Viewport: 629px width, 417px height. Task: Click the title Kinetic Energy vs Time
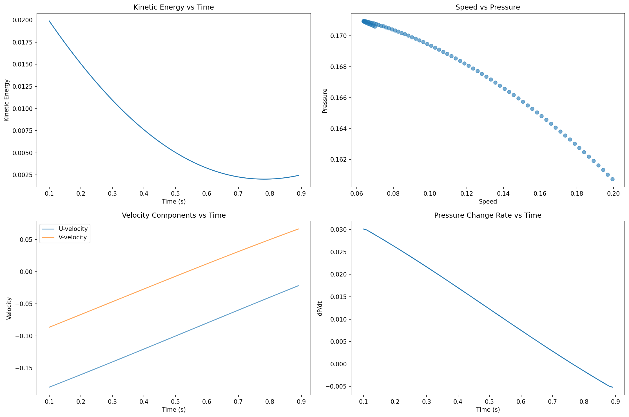point(173,7)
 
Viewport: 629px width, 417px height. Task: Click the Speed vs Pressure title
point(488,7)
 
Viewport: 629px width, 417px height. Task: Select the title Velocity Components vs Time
point(173,215)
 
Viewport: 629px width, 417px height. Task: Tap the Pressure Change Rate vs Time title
point(488,215)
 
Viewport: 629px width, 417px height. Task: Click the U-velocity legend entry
point(73,229)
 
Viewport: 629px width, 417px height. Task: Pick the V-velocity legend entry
point(73,237)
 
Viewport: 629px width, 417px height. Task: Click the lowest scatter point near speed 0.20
point(612,179)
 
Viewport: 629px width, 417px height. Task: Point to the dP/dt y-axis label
point(320,308)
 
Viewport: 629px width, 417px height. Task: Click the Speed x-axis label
point(488,202)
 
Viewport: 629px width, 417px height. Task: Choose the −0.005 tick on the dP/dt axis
point(337,387)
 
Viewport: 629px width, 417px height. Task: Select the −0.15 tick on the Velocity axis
point(25,368)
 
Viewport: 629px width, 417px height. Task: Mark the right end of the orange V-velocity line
point(298,229)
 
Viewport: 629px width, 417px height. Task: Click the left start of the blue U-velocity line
point(49,387)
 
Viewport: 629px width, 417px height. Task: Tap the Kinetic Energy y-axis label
point(7,100)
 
